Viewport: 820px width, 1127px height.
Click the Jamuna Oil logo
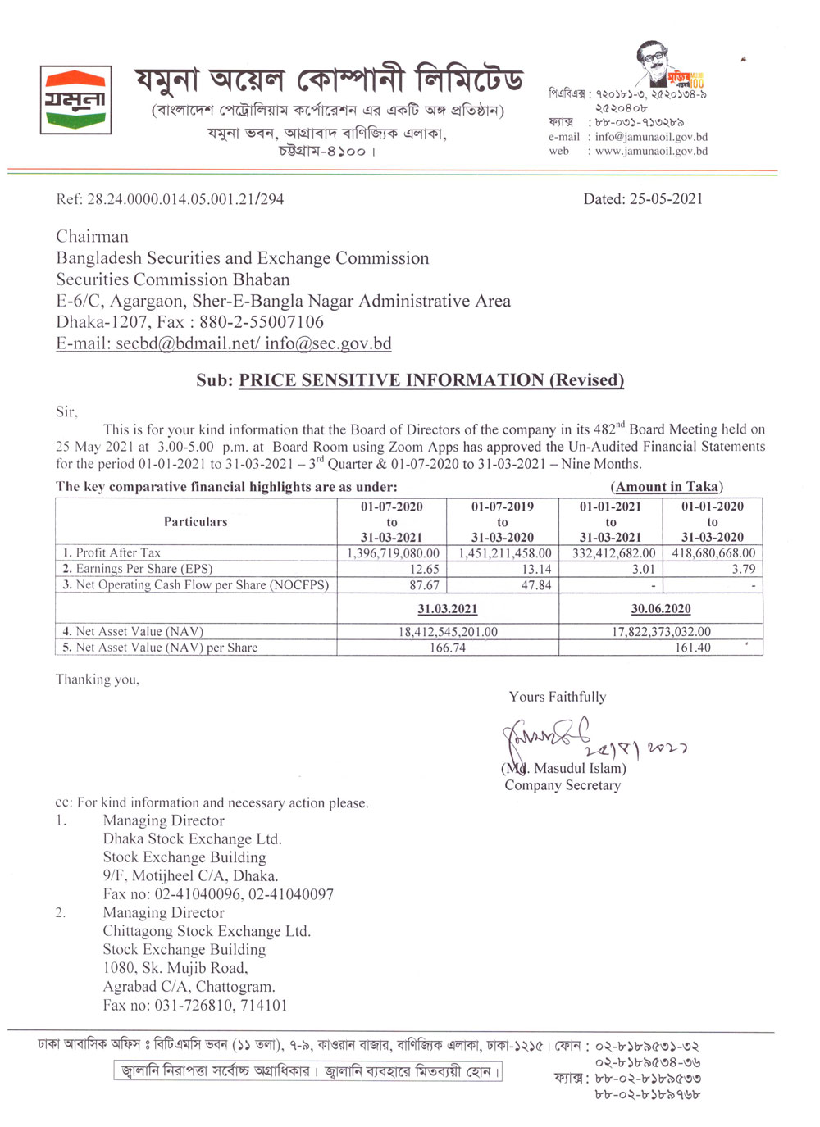coord(75,100)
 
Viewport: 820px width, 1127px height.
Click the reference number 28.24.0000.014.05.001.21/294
coord(185,199)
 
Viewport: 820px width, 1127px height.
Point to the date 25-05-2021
coord(666,199)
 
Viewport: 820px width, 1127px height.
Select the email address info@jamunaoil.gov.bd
coord(651,137)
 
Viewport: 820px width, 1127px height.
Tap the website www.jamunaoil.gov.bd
coord(651,151)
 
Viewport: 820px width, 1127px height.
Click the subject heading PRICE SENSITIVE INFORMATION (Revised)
coord(431,380)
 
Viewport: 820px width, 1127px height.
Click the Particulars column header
coord(195,522)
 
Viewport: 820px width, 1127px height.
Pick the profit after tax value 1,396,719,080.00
coord(393,553)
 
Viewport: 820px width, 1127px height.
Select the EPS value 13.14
coord(536,569)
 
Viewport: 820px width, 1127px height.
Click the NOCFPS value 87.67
coord(425,585)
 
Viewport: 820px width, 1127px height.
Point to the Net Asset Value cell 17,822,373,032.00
coord(661,632)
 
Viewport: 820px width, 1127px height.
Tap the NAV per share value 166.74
coord(448,648)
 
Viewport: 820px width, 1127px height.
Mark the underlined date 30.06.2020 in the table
coord(661,609)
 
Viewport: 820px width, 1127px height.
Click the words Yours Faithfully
coord(558,697)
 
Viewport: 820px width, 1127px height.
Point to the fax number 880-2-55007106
coord(262,322)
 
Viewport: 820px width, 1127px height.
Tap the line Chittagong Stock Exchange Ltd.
coord(207,931)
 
